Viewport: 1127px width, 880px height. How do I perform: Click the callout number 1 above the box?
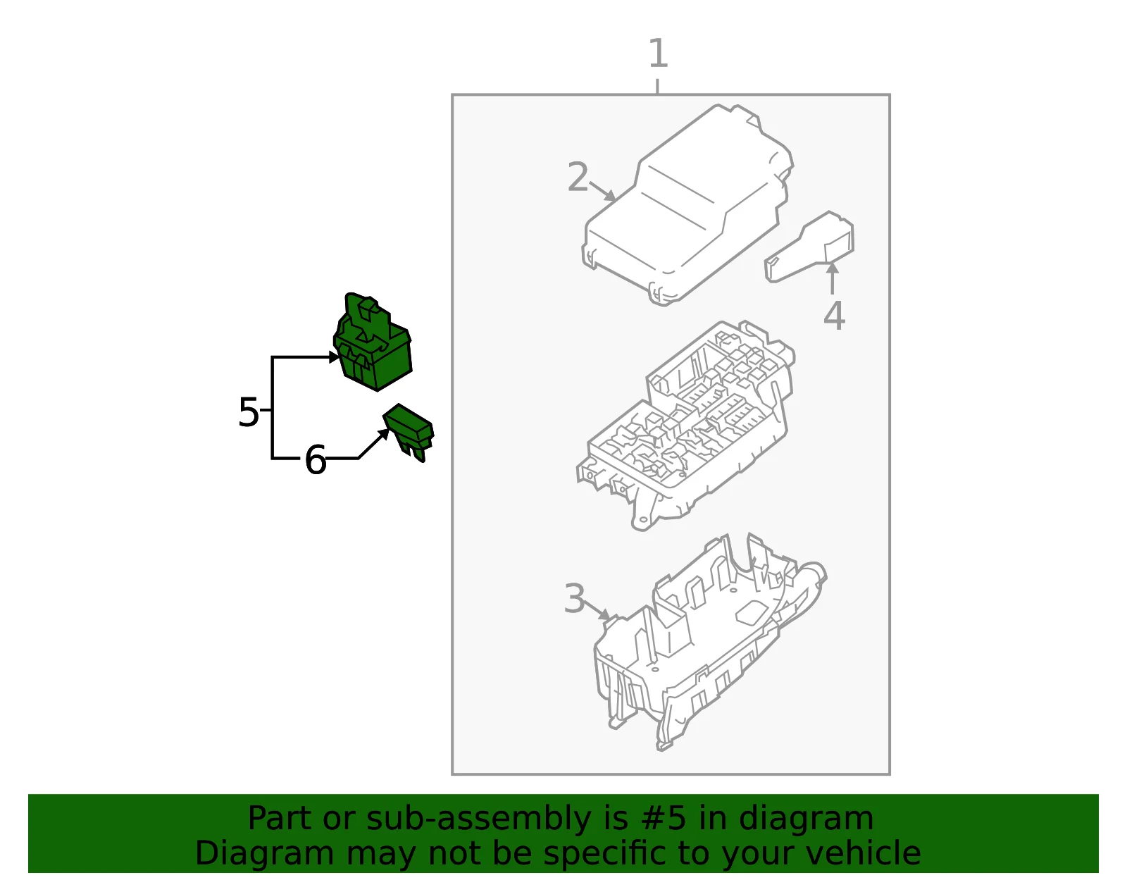click(x=659, y=53)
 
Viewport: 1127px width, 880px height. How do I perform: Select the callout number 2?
click(x=578, y=177)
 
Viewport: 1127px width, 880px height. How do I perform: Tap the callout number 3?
click(x=574, y=599)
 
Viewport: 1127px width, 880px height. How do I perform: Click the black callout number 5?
click(x=249, y=411)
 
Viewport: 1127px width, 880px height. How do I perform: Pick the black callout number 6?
click(x=316, y=459)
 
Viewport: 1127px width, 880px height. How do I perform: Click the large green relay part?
click(x=373, y=342)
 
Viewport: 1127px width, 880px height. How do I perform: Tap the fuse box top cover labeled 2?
click(x=687, y=205)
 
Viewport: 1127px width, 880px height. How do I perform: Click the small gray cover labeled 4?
click(x=809, y=247)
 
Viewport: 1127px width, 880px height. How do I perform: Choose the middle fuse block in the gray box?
click(x=685, y=426)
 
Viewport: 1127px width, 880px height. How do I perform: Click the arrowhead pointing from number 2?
click(x=610, y=196)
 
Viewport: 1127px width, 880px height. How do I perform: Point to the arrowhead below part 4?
click(x=832, y=268)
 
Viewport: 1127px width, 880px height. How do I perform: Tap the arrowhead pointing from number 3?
click(x=605, y=615)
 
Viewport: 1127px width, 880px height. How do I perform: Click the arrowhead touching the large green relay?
click(x=335, y=357)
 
